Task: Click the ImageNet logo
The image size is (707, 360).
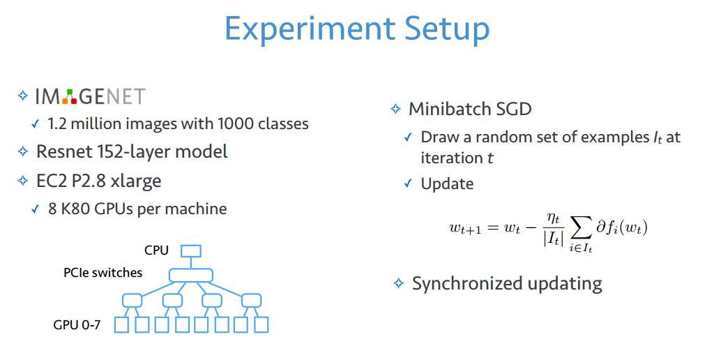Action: point(91,96)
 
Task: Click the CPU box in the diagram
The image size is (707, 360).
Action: point(191,251)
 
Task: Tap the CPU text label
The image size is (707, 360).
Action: point(156,250)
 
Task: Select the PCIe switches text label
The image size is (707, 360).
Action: point(102,273)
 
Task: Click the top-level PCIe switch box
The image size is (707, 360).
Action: point(191,275)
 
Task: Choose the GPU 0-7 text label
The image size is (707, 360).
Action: point(77,325)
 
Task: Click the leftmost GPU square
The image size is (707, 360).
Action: point(121,325)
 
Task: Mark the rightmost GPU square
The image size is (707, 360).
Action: point(261,325)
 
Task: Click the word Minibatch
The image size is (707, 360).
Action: point(448,109)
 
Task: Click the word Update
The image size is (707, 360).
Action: point(447,184)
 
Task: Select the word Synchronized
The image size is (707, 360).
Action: point(467,284)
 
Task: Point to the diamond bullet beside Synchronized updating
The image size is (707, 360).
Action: point(399,283)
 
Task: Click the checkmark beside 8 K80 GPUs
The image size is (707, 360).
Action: point(36,209)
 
